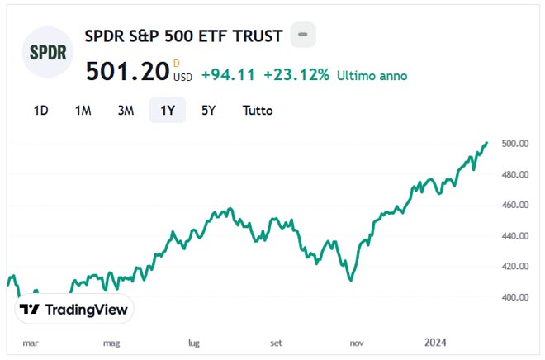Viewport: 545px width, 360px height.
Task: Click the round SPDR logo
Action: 48,52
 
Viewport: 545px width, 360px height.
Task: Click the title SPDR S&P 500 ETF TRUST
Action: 184,36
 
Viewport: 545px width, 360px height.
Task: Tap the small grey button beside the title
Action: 303,35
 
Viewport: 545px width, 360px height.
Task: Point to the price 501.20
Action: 127,72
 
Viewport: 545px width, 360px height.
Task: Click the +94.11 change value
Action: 228,75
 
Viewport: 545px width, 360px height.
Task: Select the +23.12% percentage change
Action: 296,75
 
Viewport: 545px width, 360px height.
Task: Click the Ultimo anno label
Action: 372,75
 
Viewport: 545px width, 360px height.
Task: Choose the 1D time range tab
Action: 40,110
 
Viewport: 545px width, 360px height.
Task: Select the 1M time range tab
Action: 83,110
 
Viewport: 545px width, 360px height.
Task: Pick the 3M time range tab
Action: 126,110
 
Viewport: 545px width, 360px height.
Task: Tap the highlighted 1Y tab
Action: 167,110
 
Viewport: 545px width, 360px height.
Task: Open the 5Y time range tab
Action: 209,110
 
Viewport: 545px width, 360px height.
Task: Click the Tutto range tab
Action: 258,110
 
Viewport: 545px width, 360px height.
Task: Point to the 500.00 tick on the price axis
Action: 514,144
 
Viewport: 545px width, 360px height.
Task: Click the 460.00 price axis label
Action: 514,205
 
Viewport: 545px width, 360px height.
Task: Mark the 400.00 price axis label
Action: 514,297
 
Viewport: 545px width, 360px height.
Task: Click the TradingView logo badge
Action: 74,310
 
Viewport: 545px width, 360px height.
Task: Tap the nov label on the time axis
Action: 358,341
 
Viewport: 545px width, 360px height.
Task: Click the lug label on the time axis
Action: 195,341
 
